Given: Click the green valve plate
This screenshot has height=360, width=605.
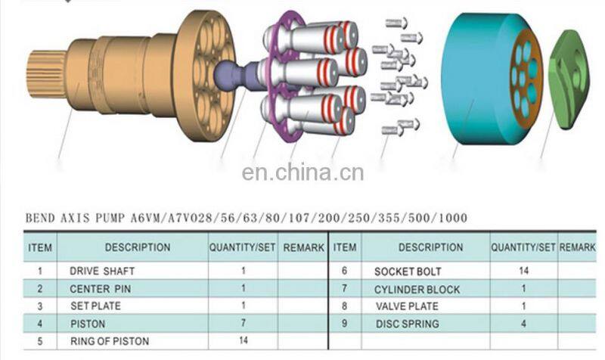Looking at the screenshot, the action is click(569, 79).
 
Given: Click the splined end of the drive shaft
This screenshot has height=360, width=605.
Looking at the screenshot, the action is click(45, 74).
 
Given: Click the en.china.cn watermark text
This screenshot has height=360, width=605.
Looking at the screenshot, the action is click(303, 172).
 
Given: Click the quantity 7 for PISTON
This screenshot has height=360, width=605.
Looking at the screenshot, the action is click(243, 323).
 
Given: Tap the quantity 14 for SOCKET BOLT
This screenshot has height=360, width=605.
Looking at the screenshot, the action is click(523, 271).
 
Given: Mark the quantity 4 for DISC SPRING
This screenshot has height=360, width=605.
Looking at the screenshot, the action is click(523, 324).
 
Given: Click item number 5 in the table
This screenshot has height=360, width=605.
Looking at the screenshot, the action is click(40, 341).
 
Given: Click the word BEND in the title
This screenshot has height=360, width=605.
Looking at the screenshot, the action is click(40, 218).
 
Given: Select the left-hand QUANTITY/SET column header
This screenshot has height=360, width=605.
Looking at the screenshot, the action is click(242, 247).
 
